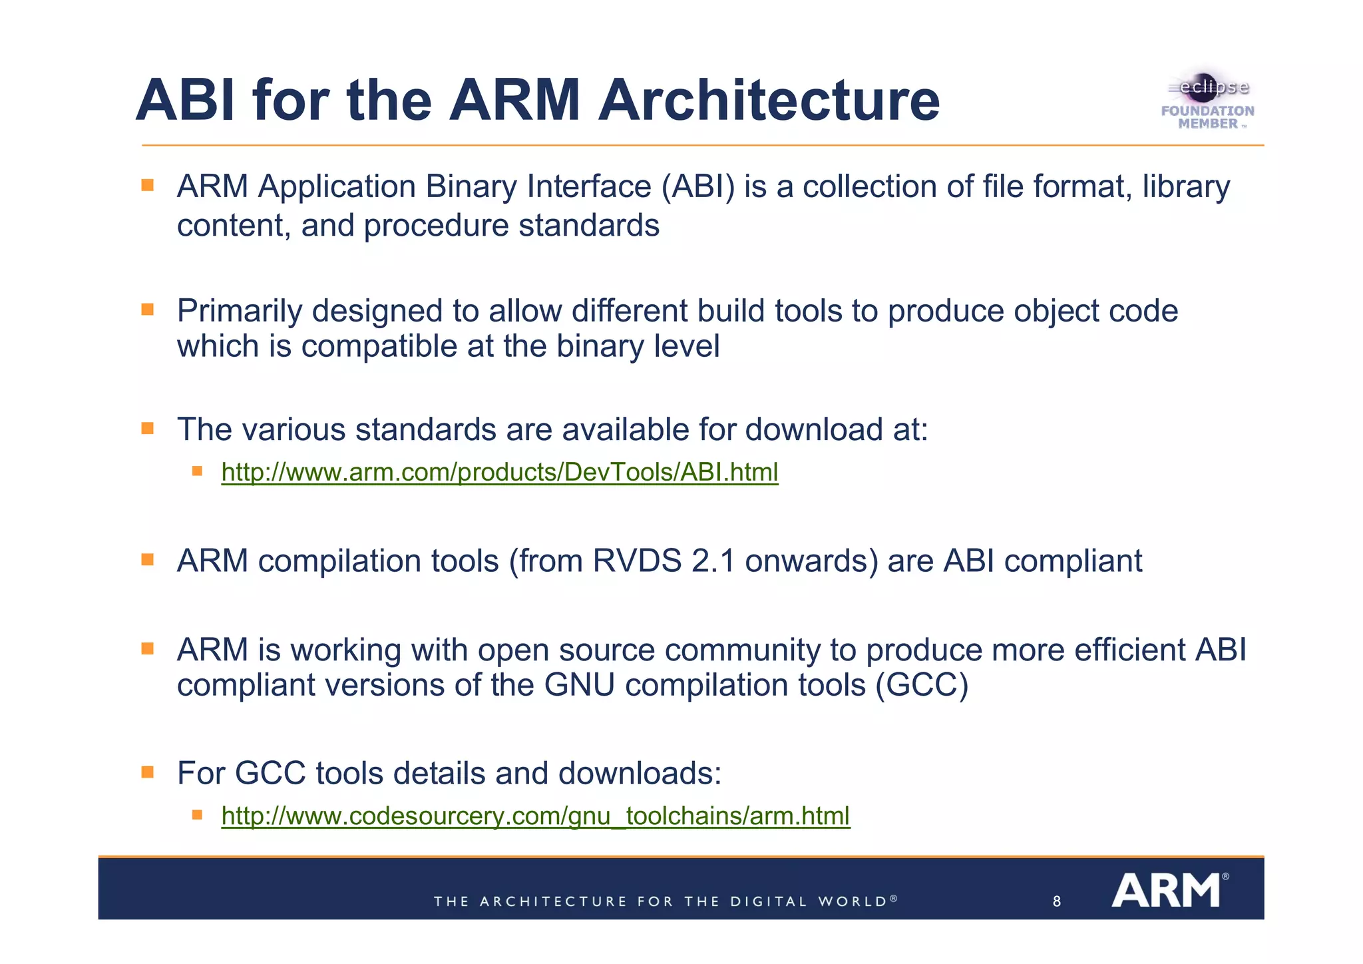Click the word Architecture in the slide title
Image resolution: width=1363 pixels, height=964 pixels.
pyautogui.click(x=769, y=101)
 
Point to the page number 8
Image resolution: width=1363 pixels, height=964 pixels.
pyautogui.click(x=1057, y=902)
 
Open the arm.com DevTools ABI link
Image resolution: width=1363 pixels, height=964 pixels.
pyautogui.click(x=499, y=472)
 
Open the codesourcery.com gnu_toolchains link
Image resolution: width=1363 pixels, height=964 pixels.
pyautogui.click(x=535, y=816)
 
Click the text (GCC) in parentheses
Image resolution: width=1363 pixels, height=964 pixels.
pyautogui.click(x=922, y=685)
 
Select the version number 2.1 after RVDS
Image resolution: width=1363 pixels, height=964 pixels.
pyautogui.click(x=713, y=561)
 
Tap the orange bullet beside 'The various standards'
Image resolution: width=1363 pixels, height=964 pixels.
pyautogui.click(x=148, y=428)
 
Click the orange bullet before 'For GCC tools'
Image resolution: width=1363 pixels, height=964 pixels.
pyautogui.click(x=148, y=772)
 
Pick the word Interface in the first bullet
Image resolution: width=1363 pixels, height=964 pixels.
pyautogui.click(x=589, y=186)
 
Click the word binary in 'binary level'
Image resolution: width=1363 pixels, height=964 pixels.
pyautogui.click(x=600, y=347)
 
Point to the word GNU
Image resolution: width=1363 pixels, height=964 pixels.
pyautogui.click(x=579, y=685)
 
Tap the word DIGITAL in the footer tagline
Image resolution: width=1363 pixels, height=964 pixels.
pyautogui.click(x=769, y=902)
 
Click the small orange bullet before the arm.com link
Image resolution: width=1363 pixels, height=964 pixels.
pyautogui.click(x=197, y=471)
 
